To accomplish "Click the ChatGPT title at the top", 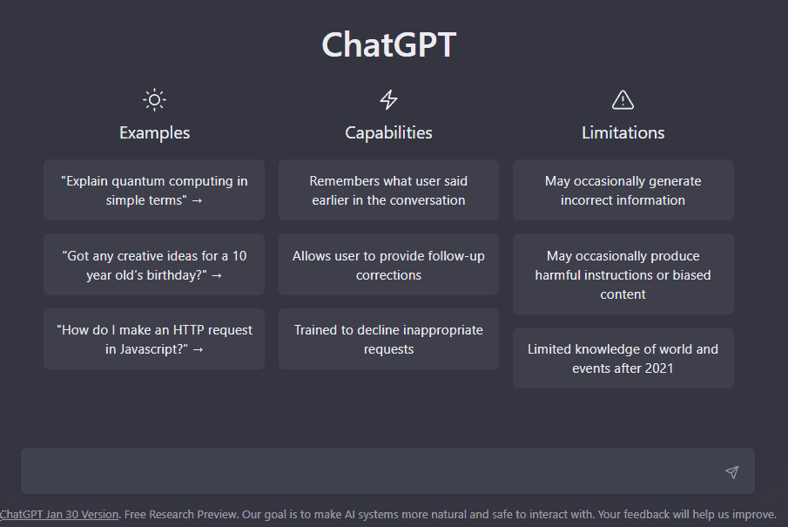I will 388,45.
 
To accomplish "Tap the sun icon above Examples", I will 154,99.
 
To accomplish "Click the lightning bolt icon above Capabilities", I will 388,99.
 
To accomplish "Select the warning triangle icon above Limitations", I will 623,99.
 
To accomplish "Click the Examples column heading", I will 154,132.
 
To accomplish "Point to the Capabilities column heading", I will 388,132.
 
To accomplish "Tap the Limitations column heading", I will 623,132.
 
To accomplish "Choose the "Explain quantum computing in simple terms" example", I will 154,190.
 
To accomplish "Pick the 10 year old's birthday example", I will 154,265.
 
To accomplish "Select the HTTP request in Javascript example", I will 154,339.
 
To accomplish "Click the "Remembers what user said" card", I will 388,190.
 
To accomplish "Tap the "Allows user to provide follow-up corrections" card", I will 388,265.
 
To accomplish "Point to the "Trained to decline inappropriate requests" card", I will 388,339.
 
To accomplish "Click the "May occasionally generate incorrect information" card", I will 623,190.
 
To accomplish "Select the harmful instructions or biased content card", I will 623,274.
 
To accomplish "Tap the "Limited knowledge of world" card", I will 623,358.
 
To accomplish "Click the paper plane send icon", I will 731,472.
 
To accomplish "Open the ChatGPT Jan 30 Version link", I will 59,514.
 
